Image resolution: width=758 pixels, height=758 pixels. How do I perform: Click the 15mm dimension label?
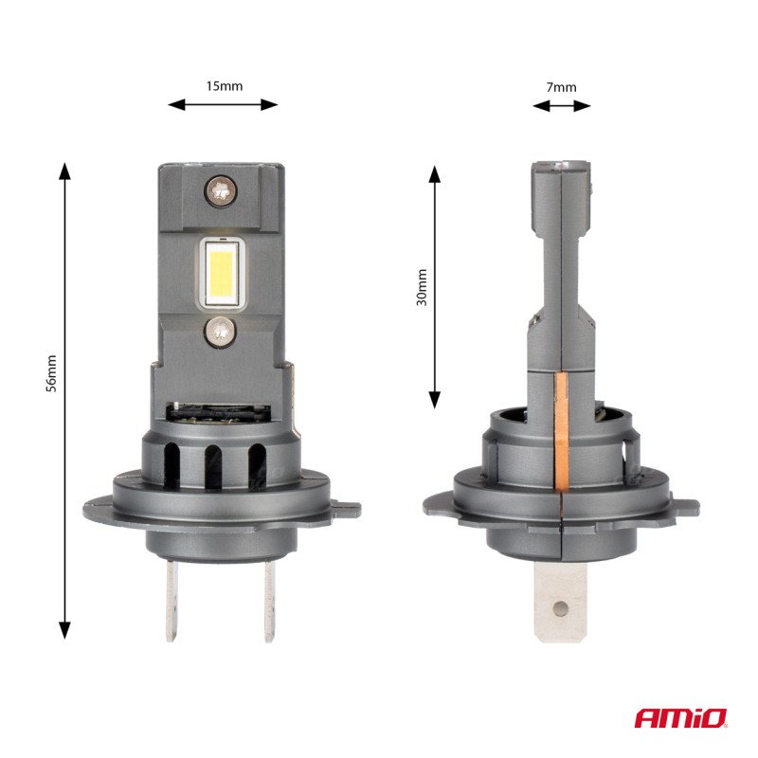[x=225, y=85]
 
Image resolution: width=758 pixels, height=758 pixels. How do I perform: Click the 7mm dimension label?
[x=562, y=87]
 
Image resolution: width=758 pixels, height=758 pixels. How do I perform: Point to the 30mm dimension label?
[x=422, y=287]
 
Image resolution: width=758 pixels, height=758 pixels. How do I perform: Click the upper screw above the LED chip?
[x=220, y=190]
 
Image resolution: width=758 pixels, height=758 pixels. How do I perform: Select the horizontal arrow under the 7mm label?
[x=562, y=107]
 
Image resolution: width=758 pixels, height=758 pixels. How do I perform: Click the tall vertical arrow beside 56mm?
[x=64, y=399]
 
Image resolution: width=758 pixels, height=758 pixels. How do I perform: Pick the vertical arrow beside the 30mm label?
[x=435, y=287]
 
